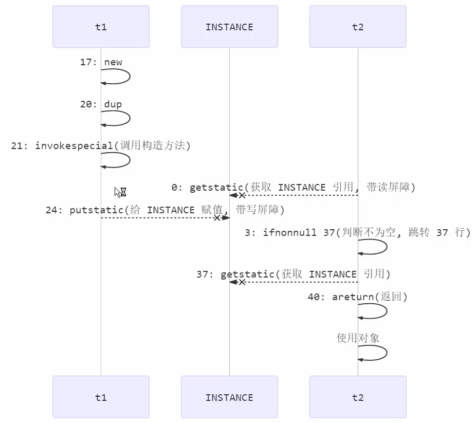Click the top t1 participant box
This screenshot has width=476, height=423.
click(101, 27)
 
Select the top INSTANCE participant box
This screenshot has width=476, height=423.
click(229, 27)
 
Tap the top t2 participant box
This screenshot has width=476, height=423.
click(358, 27)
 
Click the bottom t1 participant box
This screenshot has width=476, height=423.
click(101, 397)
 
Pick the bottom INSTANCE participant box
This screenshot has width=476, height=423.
click(229, 397)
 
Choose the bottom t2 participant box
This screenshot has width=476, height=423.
click(358, 397)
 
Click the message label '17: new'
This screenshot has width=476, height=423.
click(101, 62)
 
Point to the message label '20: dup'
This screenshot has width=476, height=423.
click(101, 104)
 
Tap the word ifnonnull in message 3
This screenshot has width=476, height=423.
click(290, 232)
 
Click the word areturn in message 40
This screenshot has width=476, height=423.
click(353, 297)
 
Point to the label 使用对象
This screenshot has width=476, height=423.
click(358, 338)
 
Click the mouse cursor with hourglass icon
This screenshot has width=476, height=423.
click(120, 192)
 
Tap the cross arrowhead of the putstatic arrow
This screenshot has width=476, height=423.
click(217, 218)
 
